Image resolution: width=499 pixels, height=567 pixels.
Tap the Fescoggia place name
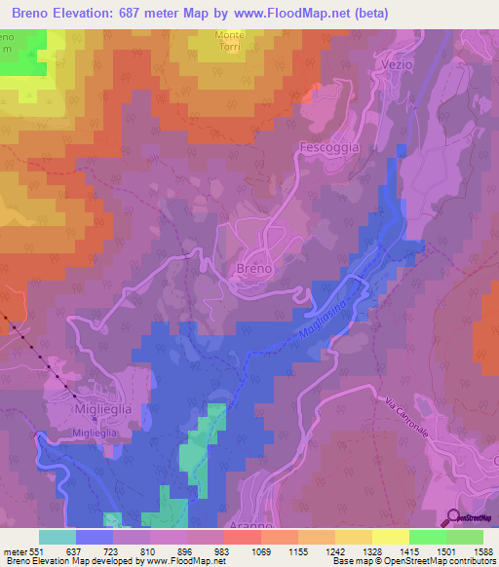point(328,147)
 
